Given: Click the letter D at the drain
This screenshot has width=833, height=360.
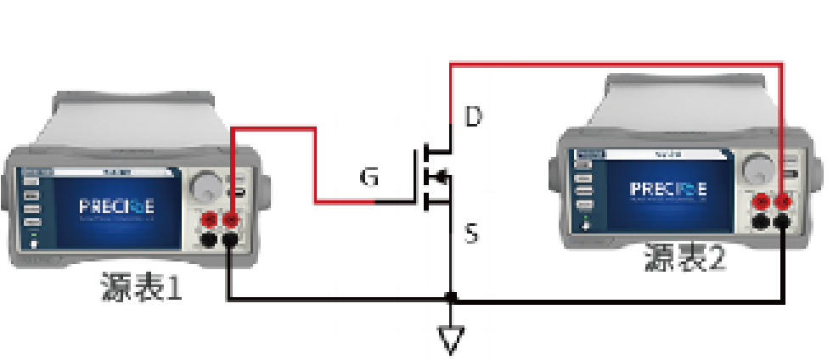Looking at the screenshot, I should coord(473,116).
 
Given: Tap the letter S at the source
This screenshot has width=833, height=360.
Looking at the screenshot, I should coord(473,231).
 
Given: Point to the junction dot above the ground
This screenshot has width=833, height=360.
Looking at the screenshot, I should coord(451,298).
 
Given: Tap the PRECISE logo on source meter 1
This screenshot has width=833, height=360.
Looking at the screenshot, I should coord(117,207).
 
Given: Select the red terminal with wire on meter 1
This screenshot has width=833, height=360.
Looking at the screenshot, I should coord(229,222).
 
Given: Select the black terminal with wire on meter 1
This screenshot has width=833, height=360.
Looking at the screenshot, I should coord(229,241).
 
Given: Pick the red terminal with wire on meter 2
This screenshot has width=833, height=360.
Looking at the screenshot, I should coord(782,202).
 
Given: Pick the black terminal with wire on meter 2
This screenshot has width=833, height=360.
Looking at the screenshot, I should coord(782,222).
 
